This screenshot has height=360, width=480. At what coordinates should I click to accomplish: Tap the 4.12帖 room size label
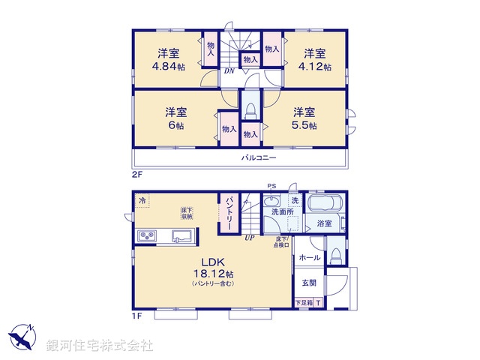pyautogui.click(x=314, y=66)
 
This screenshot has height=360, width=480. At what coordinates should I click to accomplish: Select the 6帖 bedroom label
pyautogui.click(x=175, y=125)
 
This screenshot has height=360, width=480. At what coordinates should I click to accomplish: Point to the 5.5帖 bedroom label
pyautogui.click(x=304, y=125)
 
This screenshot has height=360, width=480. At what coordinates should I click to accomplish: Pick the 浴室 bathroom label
pyautogui.click(x=324, y=223)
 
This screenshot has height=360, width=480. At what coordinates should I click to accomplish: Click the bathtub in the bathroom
pyautogui.click(x=325, y=205)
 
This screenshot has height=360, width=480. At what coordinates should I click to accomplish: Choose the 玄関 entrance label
pyautogui.click(x=309, y=283)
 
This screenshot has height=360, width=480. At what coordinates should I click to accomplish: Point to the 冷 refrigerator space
pyautogui.click(x=142, y=200)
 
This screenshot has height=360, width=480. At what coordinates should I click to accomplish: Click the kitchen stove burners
pyautogui.click(x=145, y=238)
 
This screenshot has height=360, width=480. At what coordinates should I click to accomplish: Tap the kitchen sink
pyautogui.click(x=181, y=238)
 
